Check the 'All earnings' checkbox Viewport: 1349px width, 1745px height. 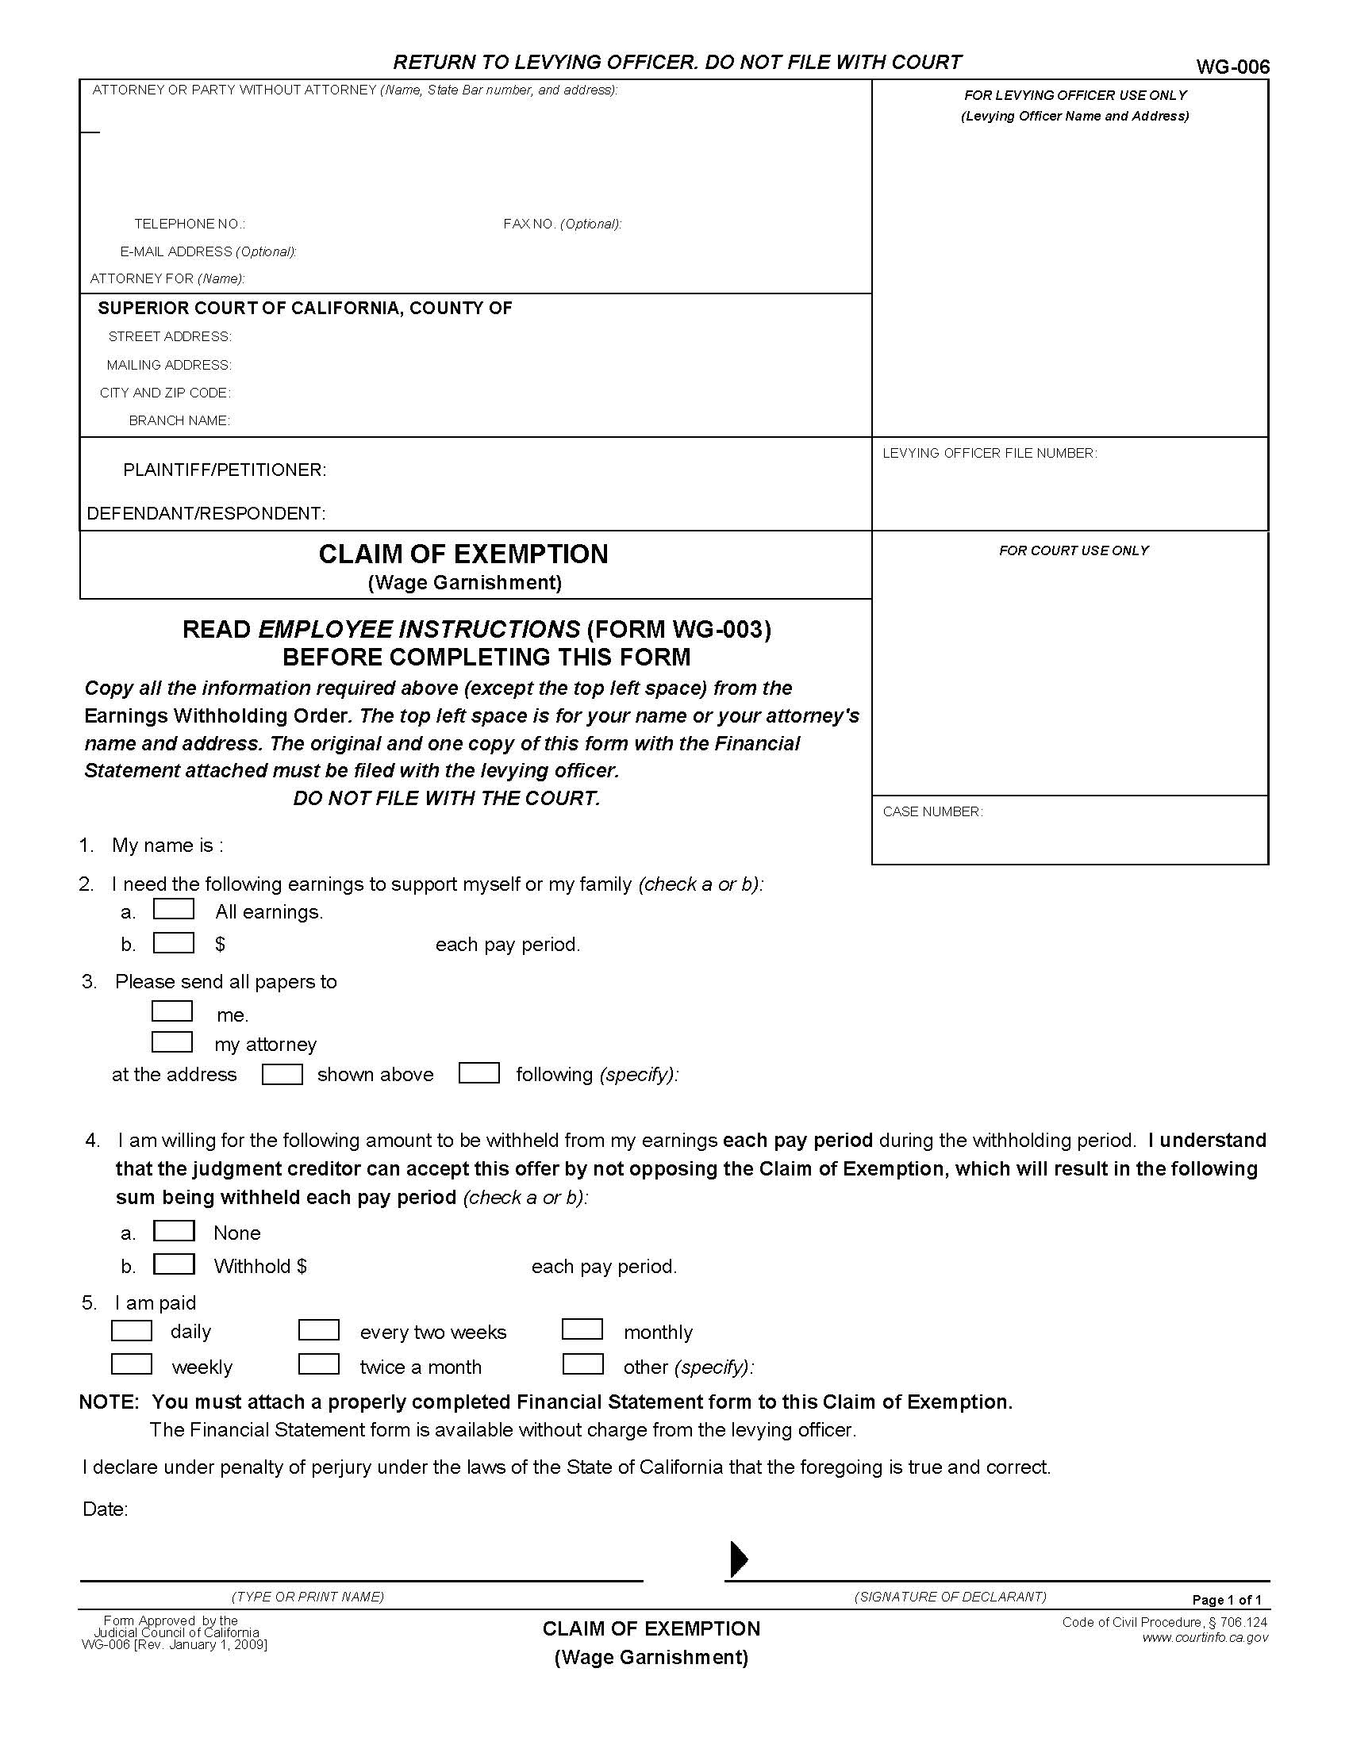(174, 909)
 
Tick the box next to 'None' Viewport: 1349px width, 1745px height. (174, 1230)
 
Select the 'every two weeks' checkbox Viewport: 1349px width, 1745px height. (319, 1330)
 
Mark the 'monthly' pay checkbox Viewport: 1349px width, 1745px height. (582, 1329)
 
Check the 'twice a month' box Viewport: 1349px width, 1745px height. (319, 1364)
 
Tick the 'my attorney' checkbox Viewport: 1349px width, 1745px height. (172, 1042)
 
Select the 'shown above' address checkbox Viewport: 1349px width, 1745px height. (282, 1073)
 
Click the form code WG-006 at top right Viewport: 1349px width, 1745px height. (1232, 67)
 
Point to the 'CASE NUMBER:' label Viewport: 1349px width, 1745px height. (932, 811)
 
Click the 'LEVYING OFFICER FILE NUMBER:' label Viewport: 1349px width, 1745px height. (989, 453)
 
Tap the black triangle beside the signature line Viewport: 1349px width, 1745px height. (740, 1559)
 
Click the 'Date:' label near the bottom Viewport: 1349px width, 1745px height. (106, 1509)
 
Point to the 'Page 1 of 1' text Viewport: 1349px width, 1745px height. (1226, 1600)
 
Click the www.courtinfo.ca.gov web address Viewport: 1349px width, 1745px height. (1205, 1637)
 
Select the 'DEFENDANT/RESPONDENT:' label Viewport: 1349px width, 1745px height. (206, 513)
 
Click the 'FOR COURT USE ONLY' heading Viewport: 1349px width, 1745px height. (1073, 550)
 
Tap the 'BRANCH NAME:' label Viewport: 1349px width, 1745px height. (179, 420)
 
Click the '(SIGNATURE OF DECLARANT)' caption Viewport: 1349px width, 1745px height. (949, 1597)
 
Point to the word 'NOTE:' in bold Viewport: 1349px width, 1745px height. (109, 1402)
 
